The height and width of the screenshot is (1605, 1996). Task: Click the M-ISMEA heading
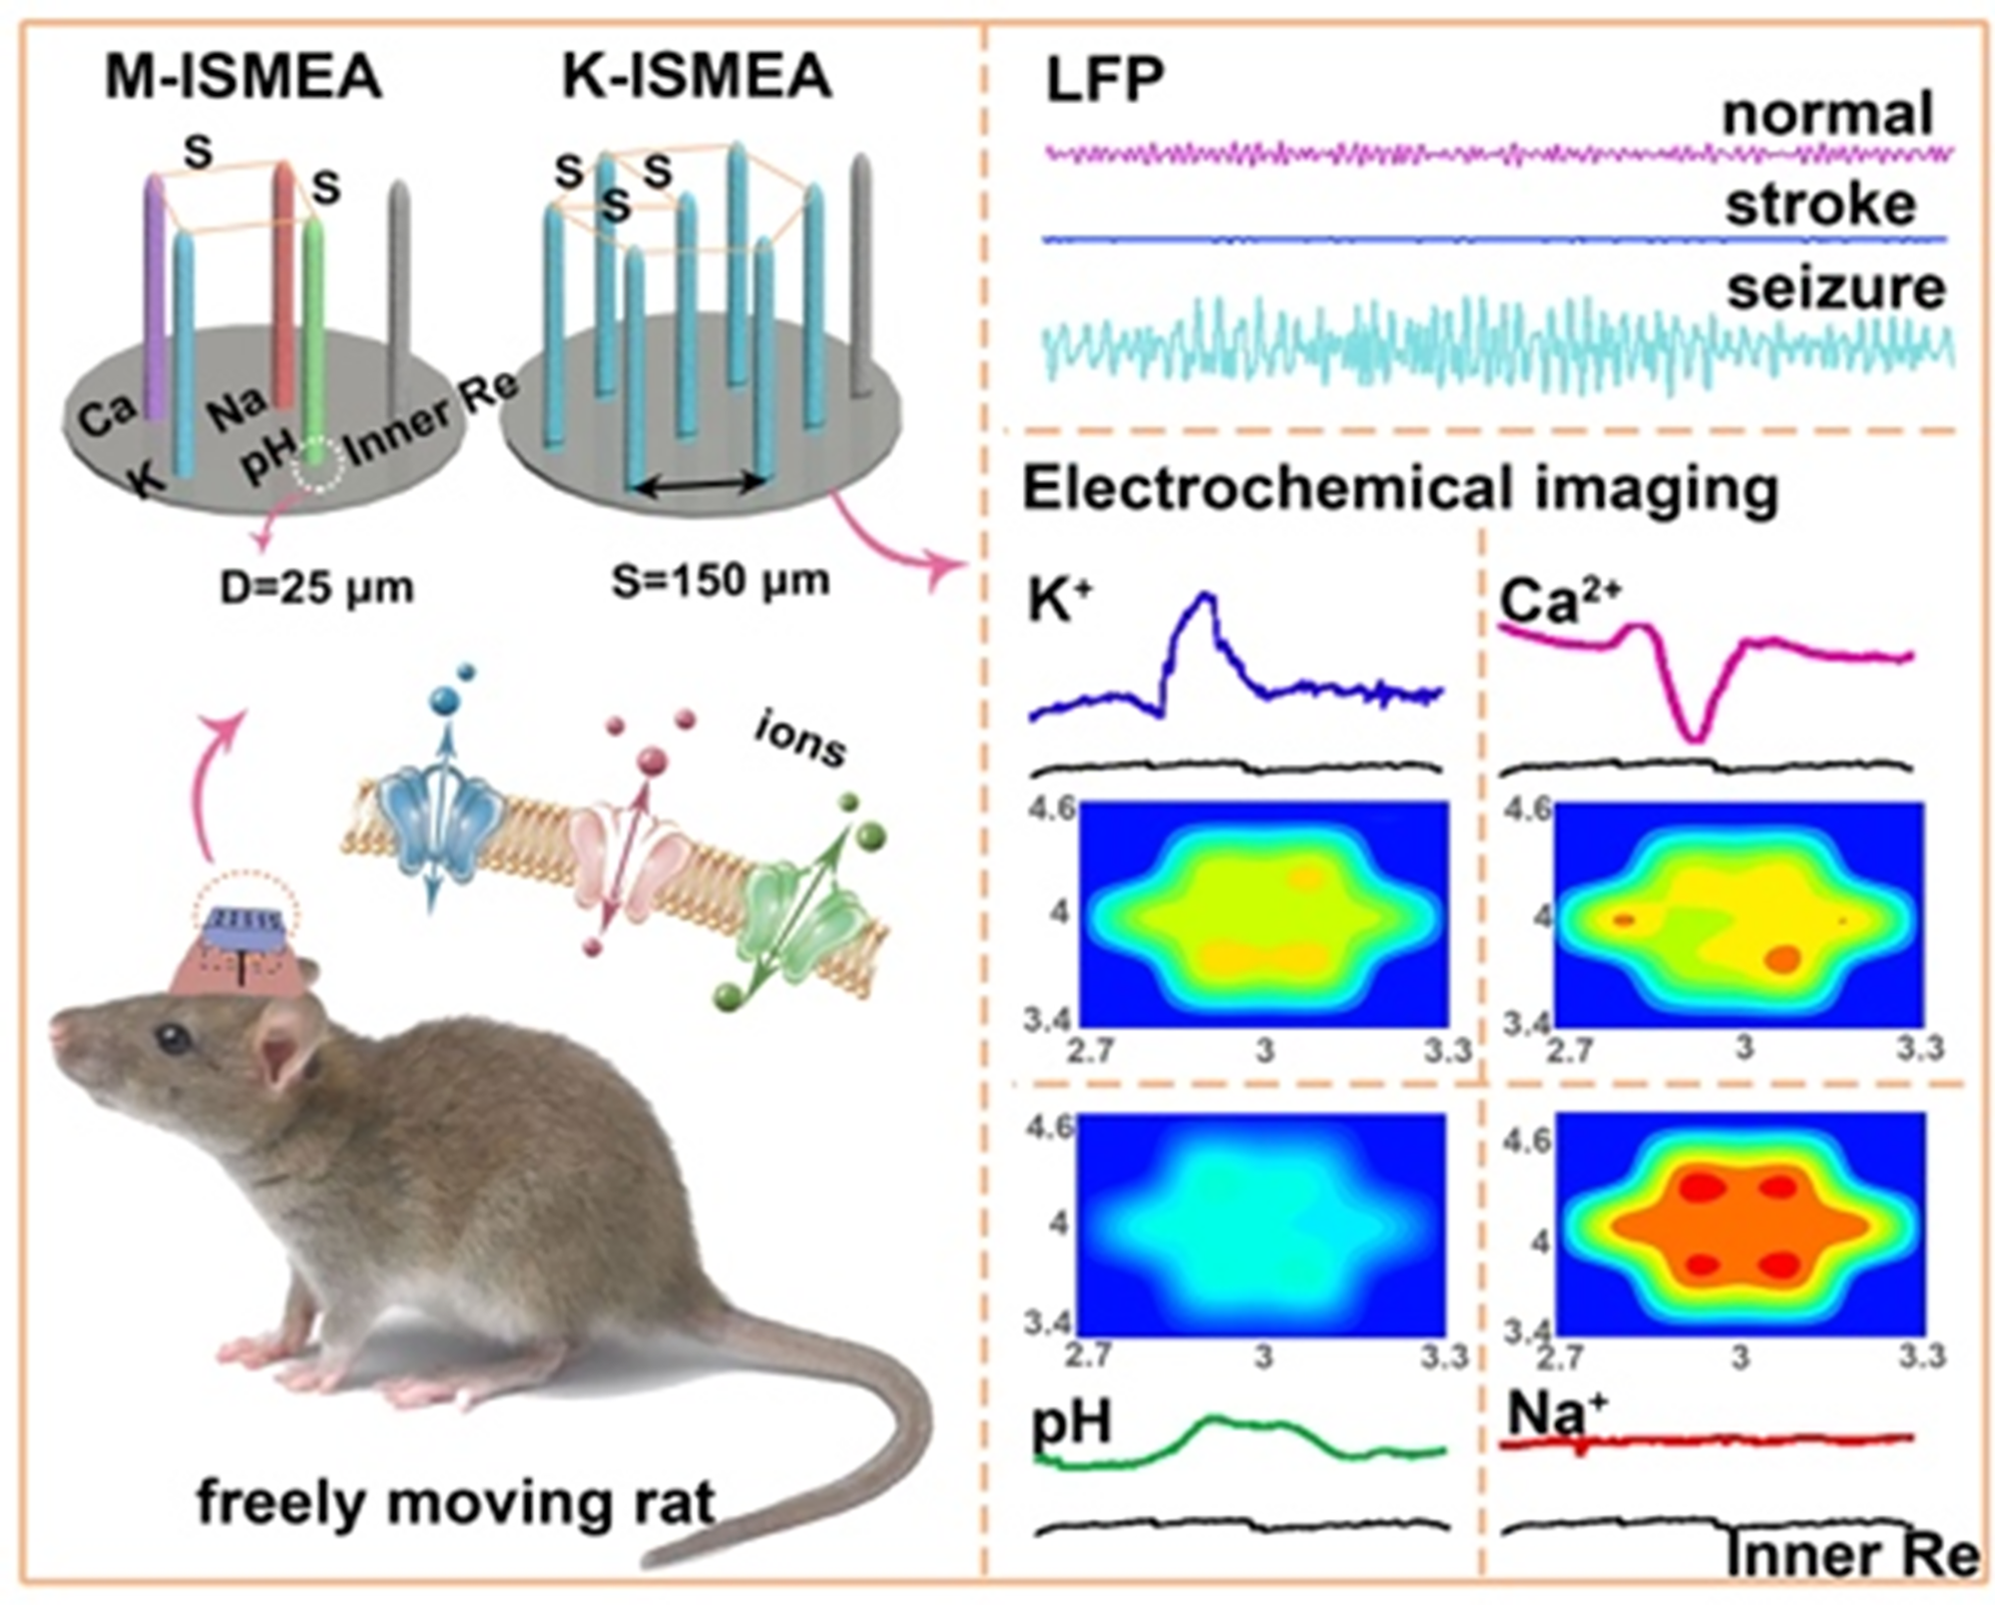243,78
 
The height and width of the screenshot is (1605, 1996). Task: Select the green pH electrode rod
315,339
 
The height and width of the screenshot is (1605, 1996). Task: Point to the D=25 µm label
316,587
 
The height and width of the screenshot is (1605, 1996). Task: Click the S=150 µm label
721,580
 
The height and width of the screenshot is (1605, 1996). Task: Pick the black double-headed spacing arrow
699,486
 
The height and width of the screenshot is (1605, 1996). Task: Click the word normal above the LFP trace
1827,113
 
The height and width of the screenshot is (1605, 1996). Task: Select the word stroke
1820,204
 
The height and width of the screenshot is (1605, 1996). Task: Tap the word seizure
1836,287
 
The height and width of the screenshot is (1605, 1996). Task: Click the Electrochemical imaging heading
1400,489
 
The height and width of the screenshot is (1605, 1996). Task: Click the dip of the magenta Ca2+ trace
1694,737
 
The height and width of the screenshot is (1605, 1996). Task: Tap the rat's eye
174,1039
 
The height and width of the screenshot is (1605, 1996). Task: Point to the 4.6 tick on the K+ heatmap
1051,806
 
